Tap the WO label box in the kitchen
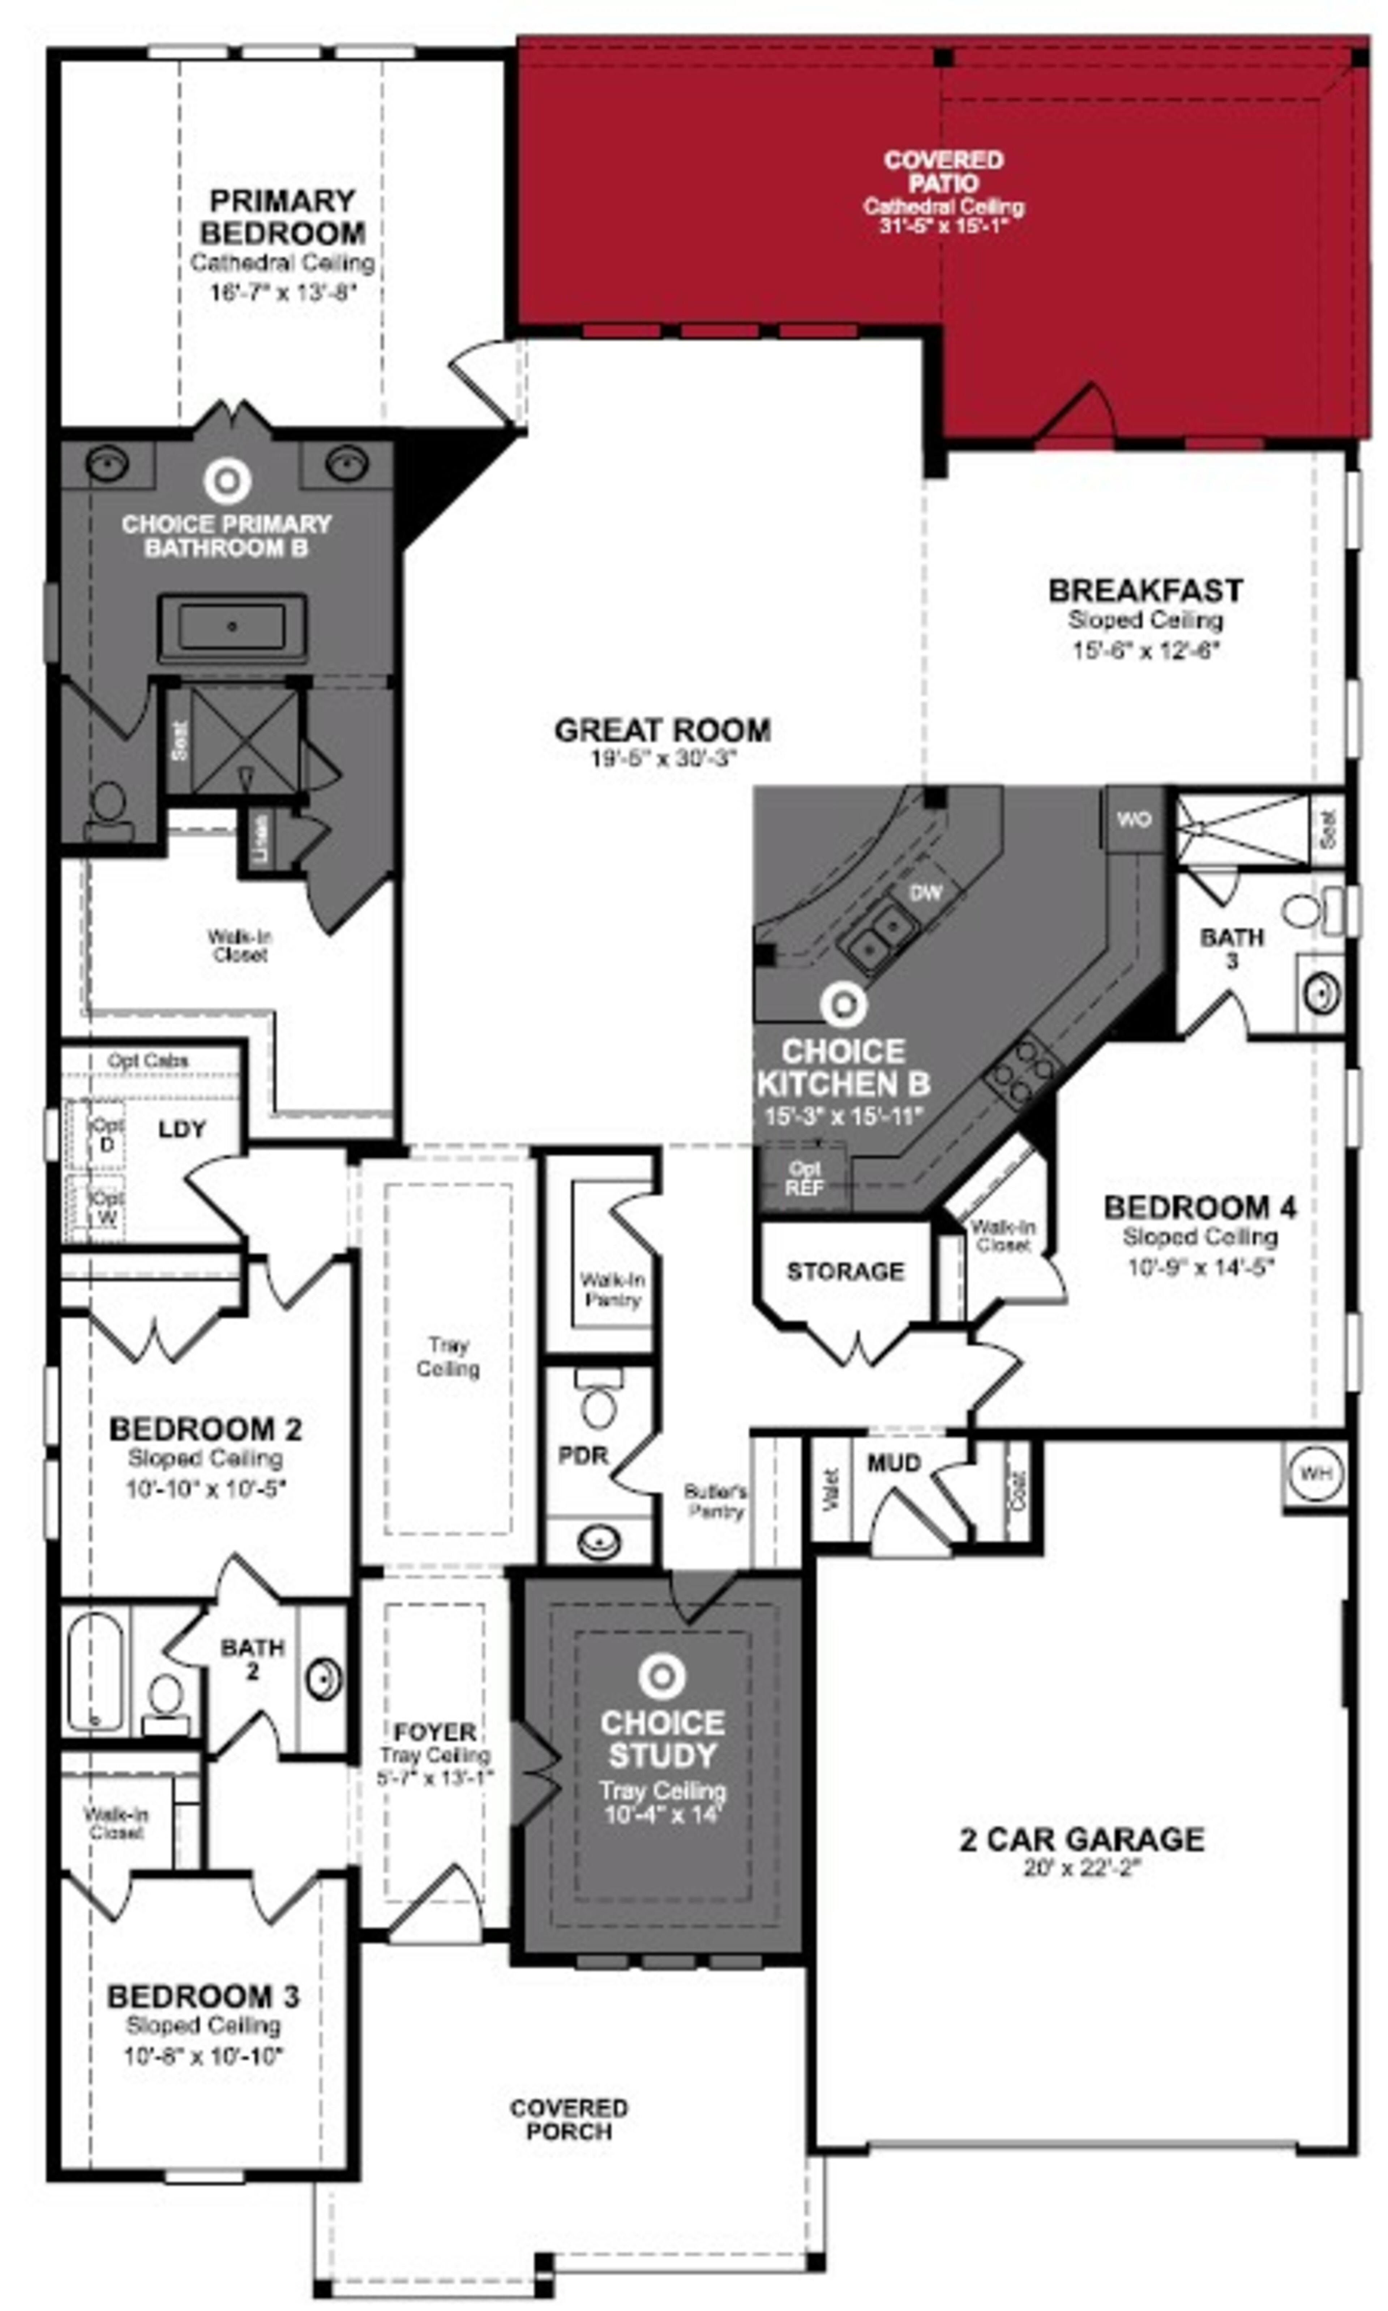1134,820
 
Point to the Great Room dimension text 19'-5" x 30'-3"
663,758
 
